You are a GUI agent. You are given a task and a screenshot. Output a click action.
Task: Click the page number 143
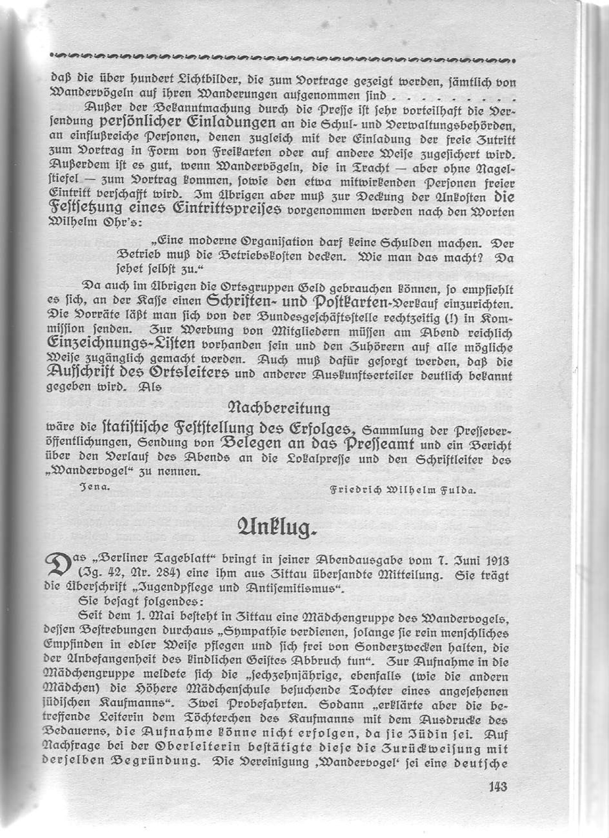(497, 786)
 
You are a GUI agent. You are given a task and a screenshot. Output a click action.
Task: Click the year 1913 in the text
(497, 557)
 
